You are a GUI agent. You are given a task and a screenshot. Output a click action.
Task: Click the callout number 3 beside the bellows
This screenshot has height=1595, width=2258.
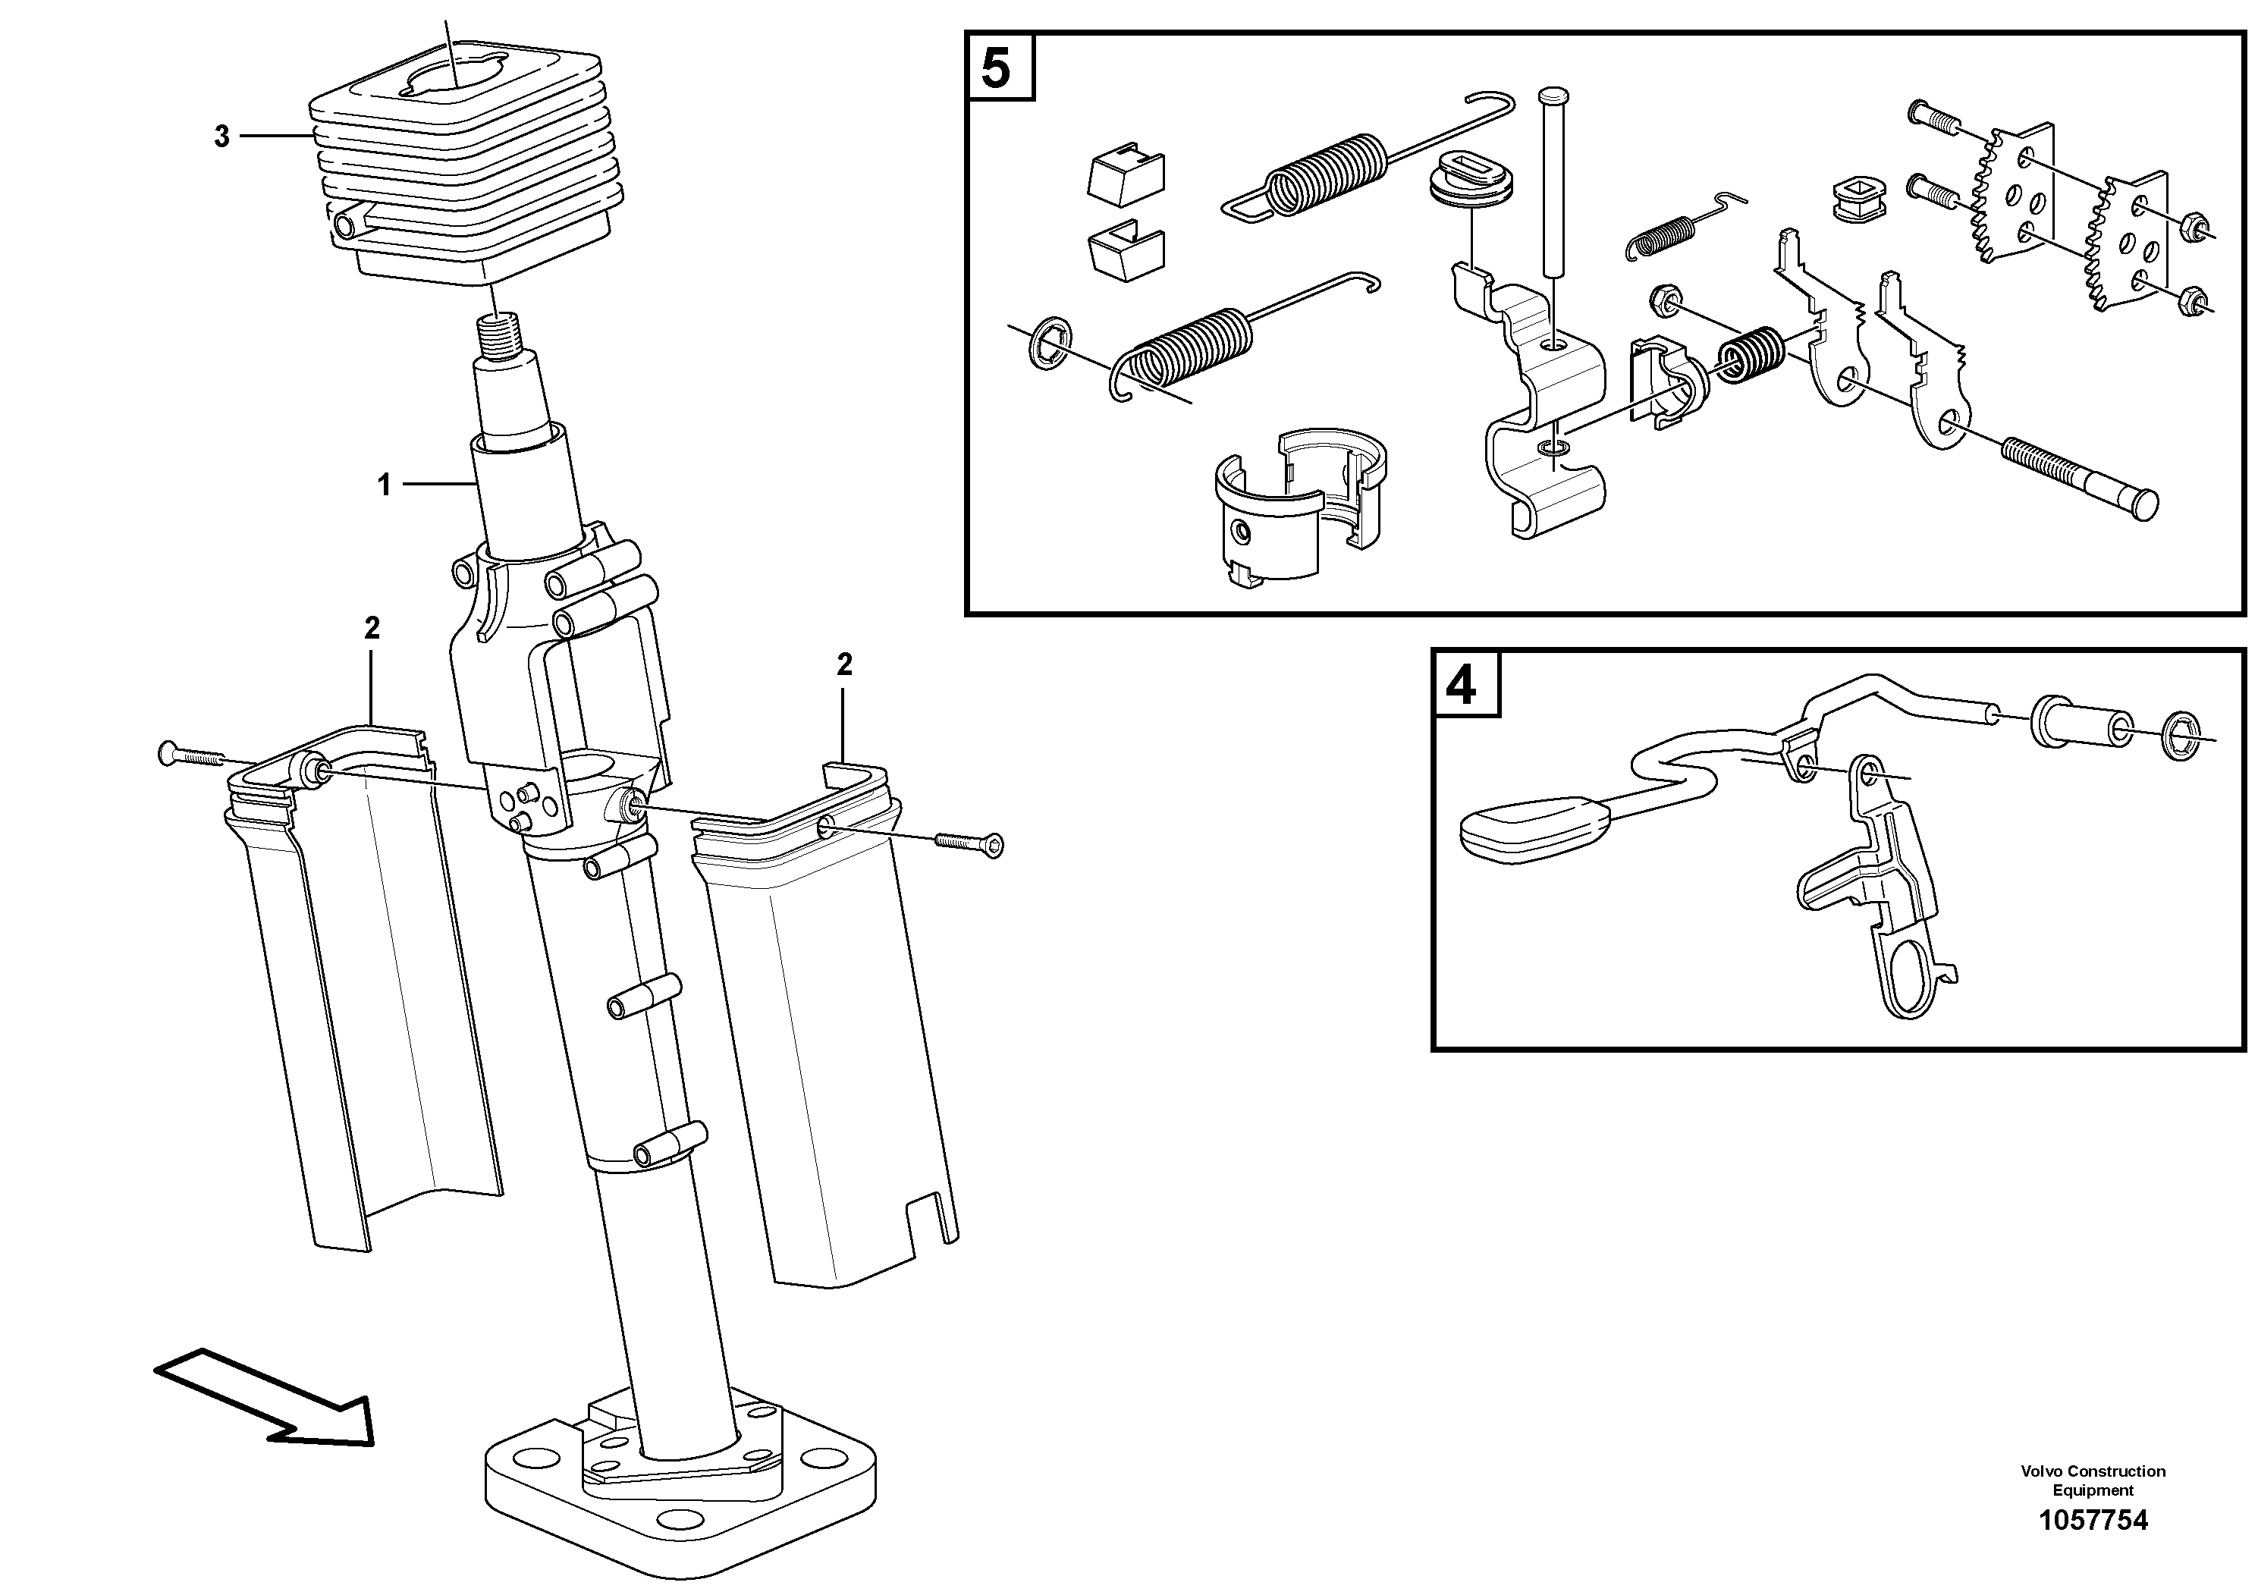[221, 137]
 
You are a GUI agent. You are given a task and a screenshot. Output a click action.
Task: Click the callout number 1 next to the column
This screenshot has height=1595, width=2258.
[385, 485]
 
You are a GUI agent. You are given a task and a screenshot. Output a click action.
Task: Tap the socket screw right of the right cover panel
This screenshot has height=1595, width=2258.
[969, 843]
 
